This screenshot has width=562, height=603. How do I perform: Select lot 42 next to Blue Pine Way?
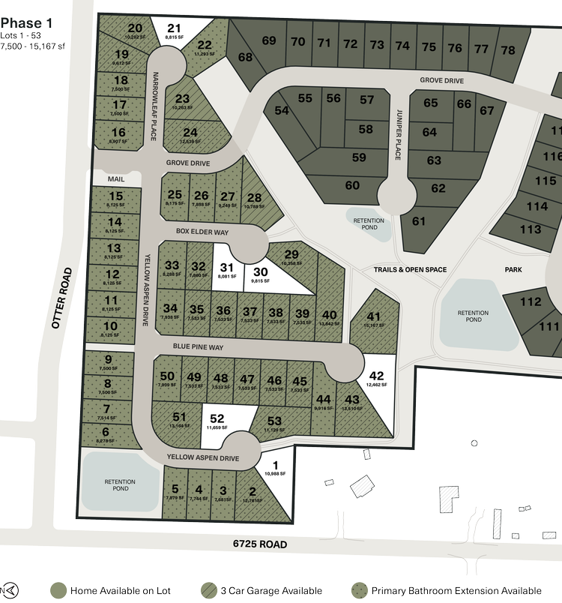click(x=377, y=379)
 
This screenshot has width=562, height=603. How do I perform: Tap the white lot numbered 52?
click(x=217, y=421)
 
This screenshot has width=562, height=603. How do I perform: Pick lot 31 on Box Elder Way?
click(x=227, y=271)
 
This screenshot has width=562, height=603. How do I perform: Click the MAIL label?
click(x=115, y=179)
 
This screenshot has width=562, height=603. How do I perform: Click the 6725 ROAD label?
click(x=259, y=544)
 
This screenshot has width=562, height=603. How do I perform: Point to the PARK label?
click(x=513, y=269)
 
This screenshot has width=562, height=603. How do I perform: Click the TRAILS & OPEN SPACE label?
click(x=410, y=269)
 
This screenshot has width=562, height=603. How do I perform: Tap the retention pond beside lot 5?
click(x=120, y=484)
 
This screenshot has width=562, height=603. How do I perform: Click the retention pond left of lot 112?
click(x=474, y=316)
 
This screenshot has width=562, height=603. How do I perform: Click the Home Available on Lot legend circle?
click(x=57, y=590)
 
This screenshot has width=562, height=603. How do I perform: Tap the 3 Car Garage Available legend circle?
click(x=209, y=590)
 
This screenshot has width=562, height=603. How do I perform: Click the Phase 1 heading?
click(x=25, y=24)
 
